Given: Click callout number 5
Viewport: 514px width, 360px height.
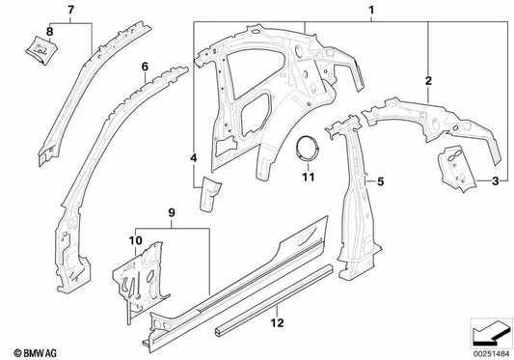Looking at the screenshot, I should point(381,180).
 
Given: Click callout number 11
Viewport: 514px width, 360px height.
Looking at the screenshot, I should point(309,177).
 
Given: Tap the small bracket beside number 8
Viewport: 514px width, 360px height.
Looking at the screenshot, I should point(41,44).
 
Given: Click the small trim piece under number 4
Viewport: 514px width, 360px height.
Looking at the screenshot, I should point(207,198).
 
